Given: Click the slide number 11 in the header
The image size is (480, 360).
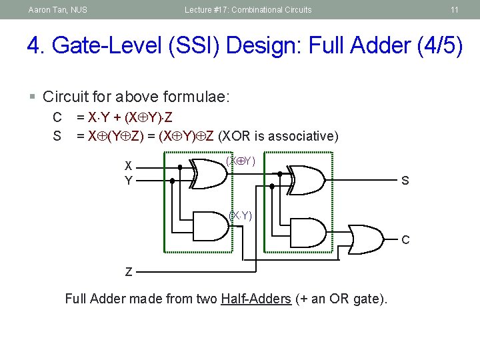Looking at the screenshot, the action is (454, 10).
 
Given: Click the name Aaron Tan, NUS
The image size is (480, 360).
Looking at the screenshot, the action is (57, 10).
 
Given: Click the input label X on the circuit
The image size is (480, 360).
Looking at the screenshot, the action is (129, 166).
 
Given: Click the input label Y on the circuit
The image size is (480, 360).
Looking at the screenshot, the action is (129, 180).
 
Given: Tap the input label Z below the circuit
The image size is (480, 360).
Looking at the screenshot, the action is (129, 272).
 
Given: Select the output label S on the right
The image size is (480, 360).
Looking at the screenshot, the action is (405, 181).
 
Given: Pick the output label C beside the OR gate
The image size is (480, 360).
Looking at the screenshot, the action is (405, 239).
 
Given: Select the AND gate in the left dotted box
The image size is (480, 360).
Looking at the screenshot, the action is (209, 225).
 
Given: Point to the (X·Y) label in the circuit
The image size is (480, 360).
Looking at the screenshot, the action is (240, 215).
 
